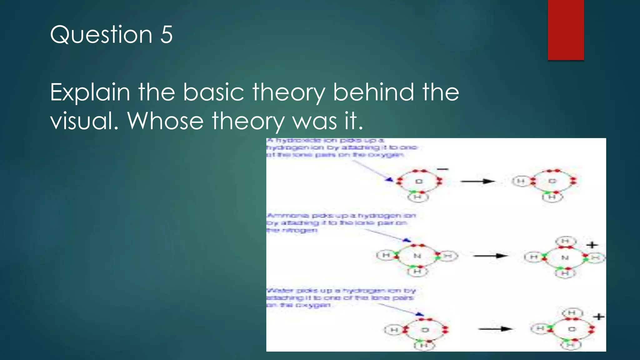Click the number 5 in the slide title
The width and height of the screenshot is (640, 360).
click(x=166, y=34)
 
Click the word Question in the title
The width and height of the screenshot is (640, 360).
click(x=101, y=35)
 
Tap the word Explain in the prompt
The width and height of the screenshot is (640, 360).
click(x=90, y=92)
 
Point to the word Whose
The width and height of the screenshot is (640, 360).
click(x=165, y=121)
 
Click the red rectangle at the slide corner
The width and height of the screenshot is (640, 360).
click(x=566, y=30)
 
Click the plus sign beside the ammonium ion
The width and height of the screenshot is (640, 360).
click(x=592, y=245)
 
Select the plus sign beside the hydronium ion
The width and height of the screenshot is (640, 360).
click(x=599, y=317)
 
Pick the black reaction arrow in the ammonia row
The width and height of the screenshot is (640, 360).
click(x=491, y=256)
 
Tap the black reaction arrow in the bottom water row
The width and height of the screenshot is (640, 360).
click(x=495, y=329)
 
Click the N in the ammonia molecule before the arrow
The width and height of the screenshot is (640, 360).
click(x=417, y=256)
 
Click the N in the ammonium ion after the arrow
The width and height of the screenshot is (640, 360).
click(x=565, y=258)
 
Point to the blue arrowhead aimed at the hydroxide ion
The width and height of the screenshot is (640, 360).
click(x=389, y=179)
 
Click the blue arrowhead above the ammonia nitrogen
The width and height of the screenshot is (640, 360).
click(x=406, y=240)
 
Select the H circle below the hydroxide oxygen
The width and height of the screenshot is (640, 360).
click(x=417, y=197)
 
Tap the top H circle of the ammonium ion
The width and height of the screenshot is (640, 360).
click(x=565, y=241)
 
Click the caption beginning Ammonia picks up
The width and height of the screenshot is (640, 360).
click(x=341, y=222)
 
